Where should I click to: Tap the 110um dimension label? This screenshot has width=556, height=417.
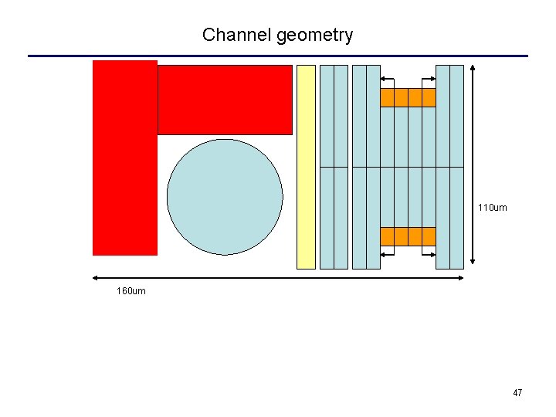click(x=492, y=208)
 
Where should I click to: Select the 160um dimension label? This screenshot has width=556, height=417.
click(x=131, y=291)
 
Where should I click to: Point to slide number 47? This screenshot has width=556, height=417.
click(x=517, y=393)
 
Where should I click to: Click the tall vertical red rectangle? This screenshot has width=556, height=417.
click(x=124, y=158)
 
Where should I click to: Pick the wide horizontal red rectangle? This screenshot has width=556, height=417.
click(x=225, y=100)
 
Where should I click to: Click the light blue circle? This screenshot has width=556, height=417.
click(x=225, y=197)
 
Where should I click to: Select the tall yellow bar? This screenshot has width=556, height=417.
click(x=307, y=167)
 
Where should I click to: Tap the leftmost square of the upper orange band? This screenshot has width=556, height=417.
click(x=387, y=98)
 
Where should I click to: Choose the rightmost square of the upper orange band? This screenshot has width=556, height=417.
click(x=429, y=98)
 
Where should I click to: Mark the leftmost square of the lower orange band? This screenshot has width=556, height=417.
click(x=387, y=236)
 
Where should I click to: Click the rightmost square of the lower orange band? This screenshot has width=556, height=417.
click(x=429, y=236)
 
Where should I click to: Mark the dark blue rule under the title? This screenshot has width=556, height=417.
click(x=278, y=56)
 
